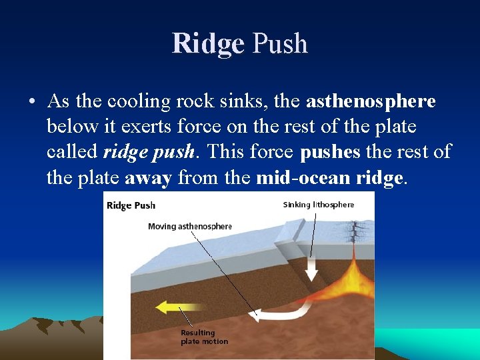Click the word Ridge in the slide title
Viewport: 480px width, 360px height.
tap(208, 44)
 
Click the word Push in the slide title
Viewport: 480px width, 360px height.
tap(279, 44)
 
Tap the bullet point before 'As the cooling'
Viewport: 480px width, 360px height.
tap(32, 102)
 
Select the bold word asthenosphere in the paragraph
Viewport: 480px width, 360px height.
tap(371, 101)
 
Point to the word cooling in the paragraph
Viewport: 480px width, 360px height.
tap(134, 102)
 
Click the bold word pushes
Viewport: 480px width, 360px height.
tap(331, 152)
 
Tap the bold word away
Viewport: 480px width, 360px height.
tap(147, 177)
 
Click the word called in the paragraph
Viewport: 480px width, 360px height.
tap(73, 152)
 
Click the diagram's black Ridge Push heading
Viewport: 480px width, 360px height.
tap(131, 205)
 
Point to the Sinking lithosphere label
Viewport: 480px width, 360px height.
tap(319, 205)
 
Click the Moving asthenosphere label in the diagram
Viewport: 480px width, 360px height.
tap(189, 227)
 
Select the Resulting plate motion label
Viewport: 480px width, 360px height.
tap(203, 337)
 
